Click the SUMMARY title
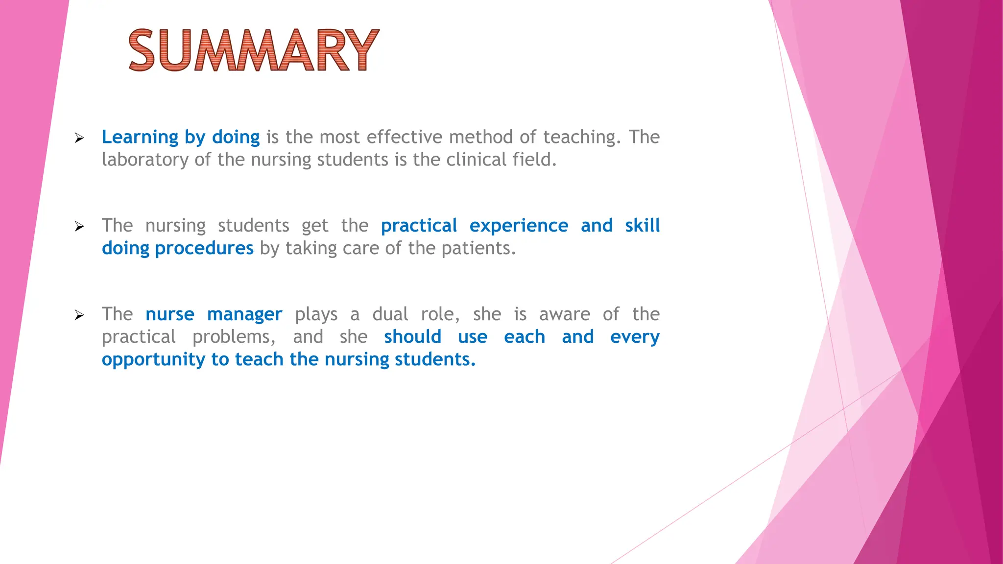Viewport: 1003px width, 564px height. tap(254, 50)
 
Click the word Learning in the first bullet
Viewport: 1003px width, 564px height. tap(140, 137)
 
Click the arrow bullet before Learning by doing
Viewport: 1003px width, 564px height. tap(79, 139)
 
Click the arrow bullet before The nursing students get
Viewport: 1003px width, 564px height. tap(79, 227)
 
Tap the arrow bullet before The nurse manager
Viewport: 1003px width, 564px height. tap(79, 315)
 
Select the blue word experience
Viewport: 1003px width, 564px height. tap(519, 226)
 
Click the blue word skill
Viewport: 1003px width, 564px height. tap(642, 225)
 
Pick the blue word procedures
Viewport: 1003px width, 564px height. tap(204, 249)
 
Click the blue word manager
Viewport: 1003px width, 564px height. tap(244, 315)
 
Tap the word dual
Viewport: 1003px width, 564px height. tap(390, 314)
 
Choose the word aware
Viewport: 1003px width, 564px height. tap(564, 314)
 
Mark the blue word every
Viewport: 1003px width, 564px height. tap(635, 337)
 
